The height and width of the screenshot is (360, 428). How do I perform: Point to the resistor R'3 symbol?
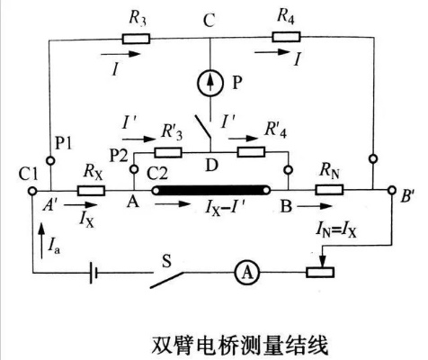point(170,151)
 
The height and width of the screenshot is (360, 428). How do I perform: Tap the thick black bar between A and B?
point(212,190)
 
